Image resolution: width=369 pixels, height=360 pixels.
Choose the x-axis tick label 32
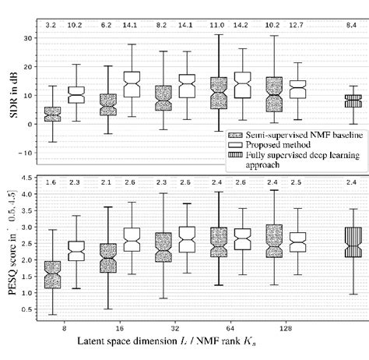tap(175, 328)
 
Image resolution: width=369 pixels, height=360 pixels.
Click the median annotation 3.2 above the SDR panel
tap(53, 26)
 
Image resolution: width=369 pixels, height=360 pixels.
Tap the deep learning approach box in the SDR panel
tap(353, 101)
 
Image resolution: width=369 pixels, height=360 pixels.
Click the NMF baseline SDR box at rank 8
tap(53, 114)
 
